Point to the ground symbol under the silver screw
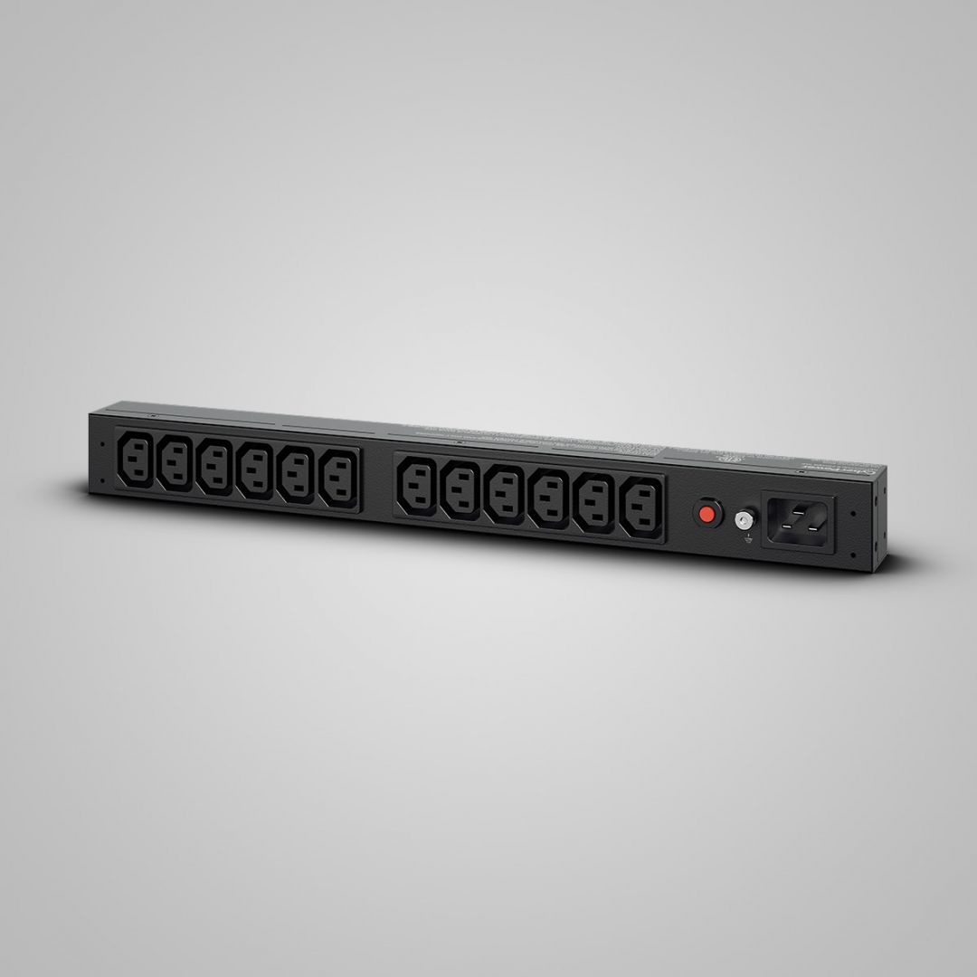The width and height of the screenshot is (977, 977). point(747,540)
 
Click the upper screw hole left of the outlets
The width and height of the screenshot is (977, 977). point(103,444)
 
